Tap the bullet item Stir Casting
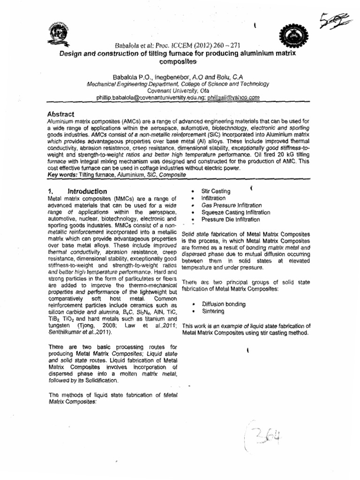(x=216, y=191)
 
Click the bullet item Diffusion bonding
(x=223, y=304)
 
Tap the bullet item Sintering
(x=213, y=311)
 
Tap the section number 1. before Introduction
(x=51, y=191)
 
